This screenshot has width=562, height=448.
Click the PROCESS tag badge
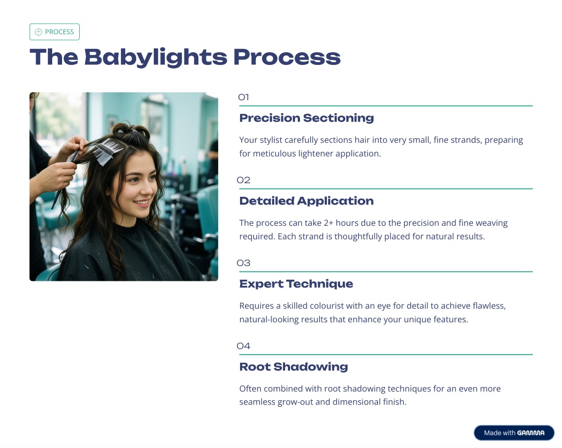[x=54, y=32]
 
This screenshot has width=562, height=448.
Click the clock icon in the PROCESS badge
[x=38, y=32]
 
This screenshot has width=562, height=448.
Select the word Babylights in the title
[x=155, y=57]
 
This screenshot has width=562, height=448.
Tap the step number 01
[x=243, y=97]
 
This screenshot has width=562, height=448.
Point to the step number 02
[x=243, y=180]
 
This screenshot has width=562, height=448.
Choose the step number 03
[x=243, y=263]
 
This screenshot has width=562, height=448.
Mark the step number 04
[x=243, y=346]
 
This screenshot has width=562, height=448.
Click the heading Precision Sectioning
[x=307, y=118]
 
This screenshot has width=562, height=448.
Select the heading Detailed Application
[x=307, y=201]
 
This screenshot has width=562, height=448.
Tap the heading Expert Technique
[x=296, y=284]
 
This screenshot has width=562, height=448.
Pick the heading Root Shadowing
[x=293, y=367]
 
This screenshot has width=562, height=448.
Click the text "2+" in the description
[x=329, y=223]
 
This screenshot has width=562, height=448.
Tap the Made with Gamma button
[x=514, y=433]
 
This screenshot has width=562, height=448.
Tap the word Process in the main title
[x=287, y=57]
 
